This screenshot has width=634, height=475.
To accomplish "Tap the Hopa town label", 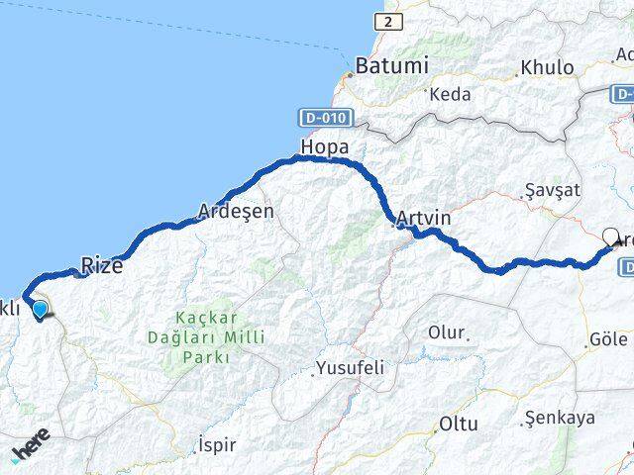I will point(325,148).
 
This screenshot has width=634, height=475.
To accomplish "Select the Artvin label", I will point(423,217).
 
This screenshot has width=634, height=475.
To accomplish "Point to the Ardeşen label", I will point(236,211).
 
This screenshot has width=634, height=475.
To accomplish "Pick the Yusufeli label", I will point(349,368).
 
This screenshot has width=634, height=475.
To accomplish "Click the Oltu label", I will point(459,424).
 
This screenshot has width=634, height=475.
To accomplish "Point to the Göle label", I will point(608,339).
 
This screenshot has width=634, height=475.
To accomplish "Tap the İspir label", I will point(216,444).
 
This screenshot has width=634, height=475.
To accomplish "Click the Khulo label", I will point(545,68).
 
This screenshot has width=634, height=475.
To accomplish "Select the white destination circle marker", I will point(610,237).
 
